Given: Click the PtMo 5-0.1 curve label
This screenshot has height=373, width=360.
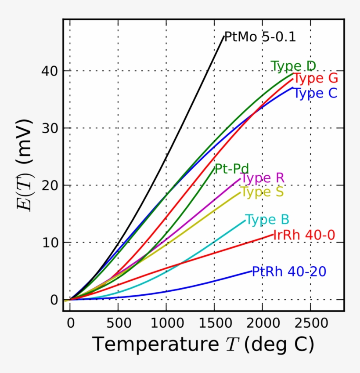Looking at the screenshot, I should pos(260,37).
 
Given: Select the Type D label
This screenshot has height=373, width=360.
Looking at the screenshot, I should pos(293,66).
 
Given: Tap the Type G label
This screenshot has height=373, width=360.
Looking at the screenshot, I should pos(315,79).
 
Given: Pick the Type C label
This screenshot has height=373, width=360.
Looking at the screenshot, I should pos(315,93).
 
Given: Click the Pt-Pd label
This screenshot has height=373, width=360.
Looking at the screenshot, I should pos(231,169).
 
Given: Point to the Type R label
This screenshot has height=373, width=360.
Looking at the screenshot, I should pos(262,178).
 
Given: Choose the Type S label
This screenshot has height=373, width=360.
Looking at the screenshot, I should pos(262,192).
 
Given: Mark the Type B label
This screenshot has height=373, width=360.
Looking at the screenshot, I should pos(267,220).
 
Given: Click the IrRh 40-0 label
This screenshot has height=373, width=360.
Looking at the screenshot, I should pos(304,235).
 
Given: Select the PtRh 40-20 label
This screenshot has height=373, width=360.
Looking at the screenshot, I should pos(289,272).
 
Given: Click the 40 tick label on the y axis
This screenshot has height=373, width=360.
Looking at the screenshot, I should pos(52,71).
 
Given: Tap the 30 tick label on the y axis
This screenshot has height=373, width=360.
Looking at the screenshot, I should pos(52,128).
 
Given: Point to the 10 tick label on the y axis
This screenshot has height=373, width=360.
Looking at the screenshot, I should pos(52,243).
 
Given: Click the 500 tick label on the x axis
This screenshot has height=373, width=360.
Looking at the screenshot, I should pos(118,324).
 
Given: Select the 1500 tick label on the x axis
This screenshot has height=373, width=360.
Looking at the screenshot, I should pos(214,324).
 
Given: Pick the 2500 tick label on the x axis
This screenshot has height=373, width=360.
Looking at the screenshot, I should pos(310,324).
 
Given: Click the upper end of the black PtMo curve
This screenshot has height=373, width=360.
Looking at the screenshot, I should pos(223,37).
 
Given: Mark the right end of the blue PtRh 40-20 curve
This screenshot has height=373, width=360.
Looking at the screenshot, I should pos(252,271).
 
